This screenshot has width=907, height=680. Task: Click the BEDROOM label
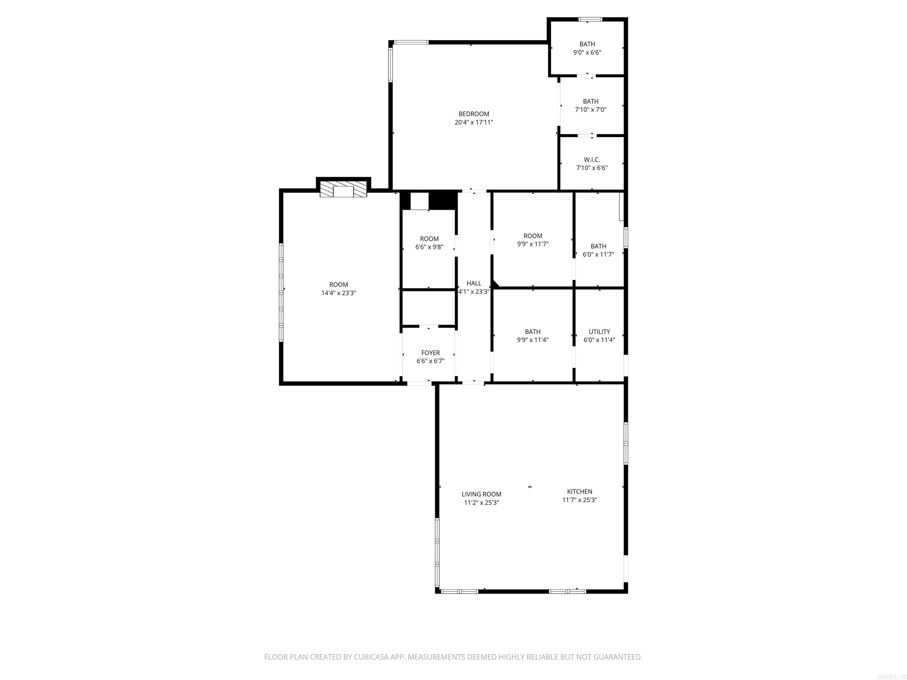click(x=474, y=114)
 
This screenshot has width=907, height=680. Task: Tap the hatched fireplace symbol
click(x=343, y=189)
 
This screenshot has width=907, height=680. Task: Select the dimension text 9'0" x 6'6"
click(x=587, y=53)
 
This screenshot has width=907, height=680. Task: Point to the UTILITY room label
click(x=599, y=332)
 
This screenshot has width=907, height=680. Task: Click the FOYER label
click(x=430, y=353)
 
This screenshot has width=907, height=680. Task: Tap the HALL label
click(x=474, y=283)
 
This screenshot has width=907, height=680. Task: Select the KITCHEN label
click(x=579, y=491)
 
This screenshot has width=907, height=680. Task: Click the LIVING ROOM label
click(x=481, y=494)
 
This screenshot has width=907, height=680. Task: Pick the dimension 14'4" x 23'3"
click(x=338, y=293)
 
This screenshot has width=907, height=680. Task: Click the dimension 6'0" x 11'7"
click(x=598, y=254)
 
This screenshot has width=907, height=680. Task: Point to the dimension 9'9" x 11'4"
click(x=533, y=340)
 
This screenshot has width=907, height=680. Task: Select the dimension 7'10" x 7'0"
click(x=590, y=110)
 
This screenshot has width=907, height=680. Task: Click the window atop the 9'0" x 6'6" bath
click(x=590, y=19)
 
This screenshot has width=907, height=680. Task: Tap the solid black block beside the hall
click(x=443, y=200)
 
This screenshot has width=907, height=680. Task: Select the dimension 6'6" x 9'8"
click(x=429, y=247)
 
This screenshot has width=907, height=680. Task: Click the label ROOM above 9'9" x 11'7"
click(x=533, y=236)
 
